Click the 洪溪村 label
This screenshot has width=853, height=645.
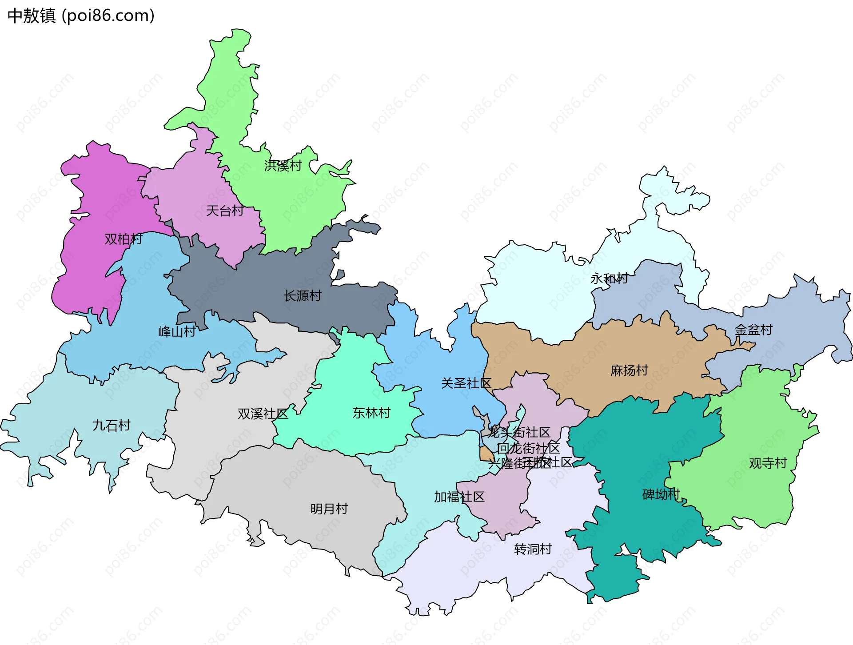(283, 166)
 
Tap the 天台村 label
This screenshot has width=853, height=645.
(225, 211)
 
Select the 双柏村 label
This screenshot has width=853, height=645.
(124, 239)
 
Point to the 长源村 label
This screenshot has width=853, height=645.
(303, 295)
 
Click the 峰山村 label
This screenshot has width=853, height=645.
(177, 331)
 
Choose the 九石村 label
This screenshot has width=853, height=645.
(112, 426)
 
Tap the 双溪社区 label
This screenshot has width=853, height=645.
(263, 414)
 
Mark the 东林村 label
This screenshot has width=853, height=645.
(371, 413)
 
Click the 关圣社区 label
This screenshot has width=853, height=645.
(466, 383)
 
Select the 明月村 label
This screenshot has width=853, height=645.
(329, 509)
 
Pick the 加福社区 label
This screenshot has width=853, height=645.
(459, 497)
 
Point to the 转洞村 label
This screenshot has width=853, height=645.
(533, 549)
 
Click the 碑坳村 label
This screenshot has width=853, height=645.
(661, 494)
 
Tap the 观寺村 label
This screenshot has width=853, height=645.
(768, 463)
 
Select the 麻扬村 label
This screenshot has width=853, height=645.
(629, 370)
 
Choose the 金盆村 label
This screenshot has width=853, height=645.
(753, 330)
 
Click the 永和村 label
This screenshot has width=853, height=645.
(609, 279)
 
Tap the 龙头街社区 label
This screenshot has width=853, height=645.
(519, 432)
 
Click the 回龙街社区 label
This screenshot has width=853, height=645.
(528, 448)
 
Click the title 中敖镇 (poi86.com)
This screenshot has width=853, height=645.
(81, 16)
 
